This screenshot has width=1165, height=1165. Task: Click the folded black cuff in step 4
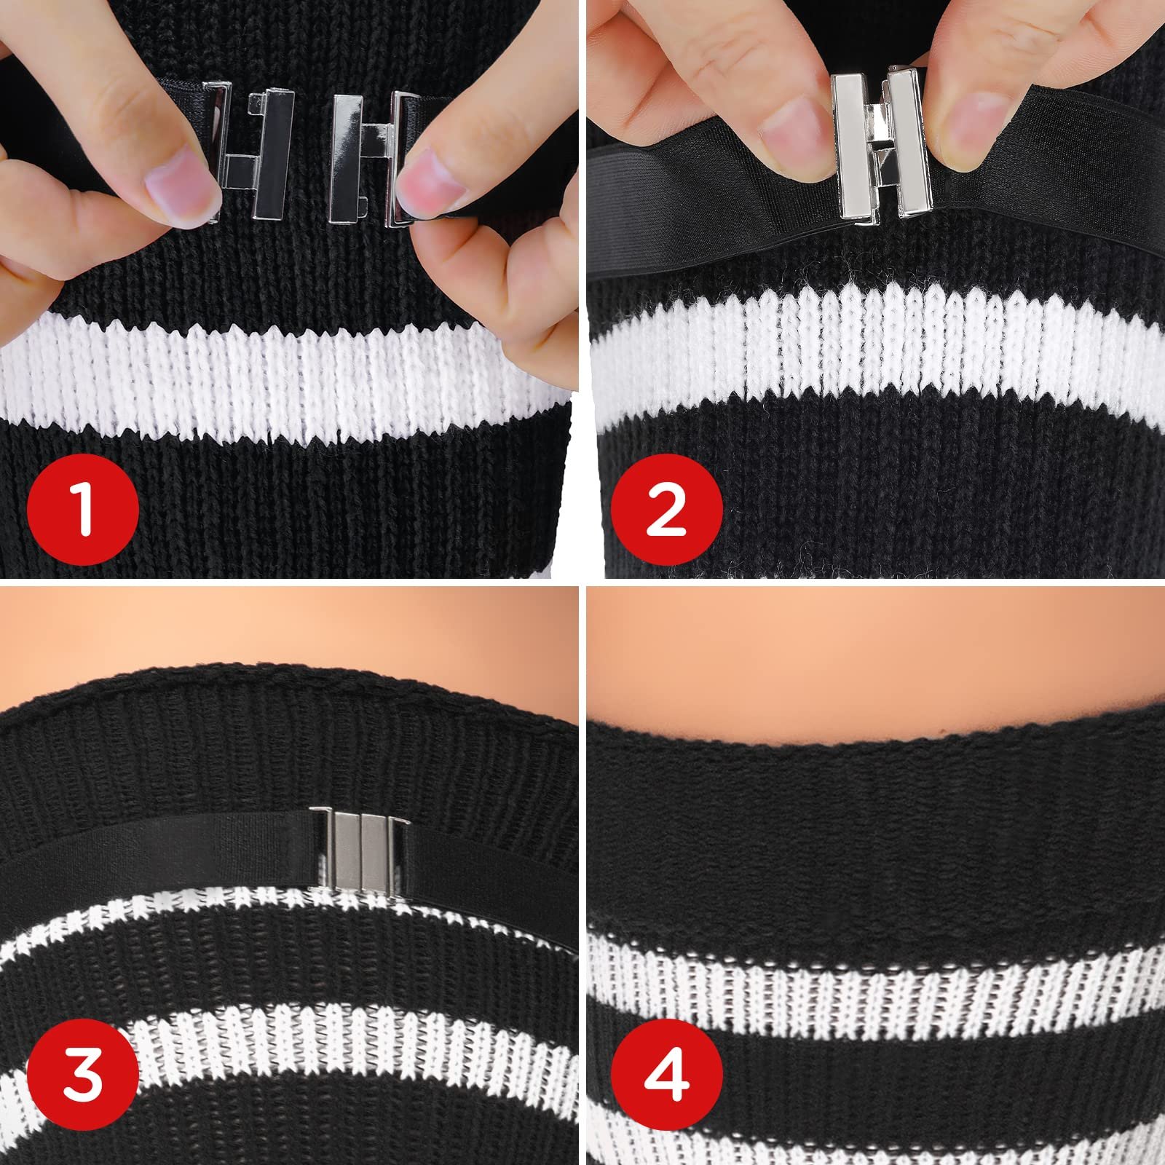(874, 823)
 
